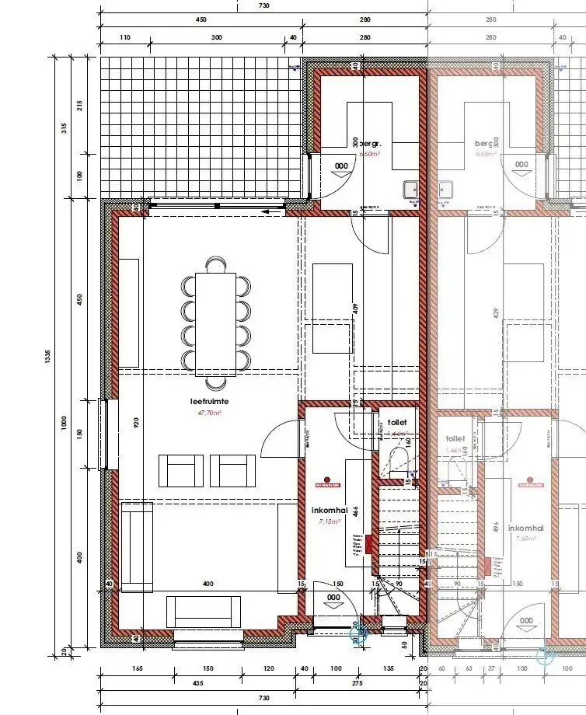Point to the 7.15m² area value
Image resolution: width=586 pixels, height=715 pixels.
330,522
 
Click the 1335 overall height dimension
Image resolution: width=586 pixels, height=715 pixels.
48,356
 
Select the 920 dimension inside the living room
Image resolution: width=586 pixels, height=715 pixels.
137,424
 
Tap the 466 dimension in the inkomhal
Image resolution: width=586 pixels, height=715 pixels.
355,511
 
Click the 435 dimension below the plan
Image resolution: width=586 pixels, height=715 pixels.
198,683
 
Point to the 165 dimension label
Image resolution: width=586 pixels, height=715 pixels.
137,668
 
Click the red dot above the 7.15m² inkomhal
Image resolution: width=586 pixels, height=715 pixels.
328,480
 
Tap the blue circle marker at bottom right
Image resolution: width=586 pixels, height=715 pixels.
542,657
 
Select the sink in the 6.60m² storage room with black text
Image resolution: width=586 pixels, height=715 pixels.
410,189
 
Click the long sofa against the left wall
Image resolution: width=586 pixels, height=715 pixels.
138,546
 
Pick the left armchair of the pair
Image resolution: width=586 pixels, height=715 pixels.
181,471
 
